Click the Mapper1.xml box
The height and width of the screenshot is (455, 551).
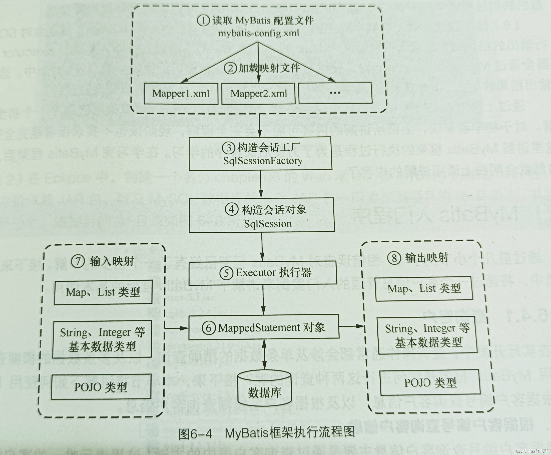181,94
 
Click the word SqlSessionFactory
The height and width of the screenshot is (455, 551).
263,161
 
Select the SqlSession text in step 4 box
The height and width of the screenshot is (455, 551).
268,223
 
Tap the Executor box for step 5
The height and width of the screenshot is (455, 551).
262,273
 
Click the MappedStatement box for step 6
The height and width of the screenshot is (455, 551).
263,328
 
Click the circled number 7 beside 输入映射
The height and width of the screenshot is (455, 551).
78,261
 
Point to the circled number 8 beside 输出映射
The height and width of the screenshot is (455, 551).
394,258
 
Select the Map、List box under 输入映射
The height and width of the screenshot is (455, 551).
103,292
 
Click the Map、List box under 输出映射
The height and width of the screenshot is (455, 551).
424,289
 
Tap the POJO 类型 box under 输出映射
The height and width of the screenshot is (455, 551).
430,383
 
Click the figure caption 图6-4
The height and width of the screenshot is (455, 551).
195,434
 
